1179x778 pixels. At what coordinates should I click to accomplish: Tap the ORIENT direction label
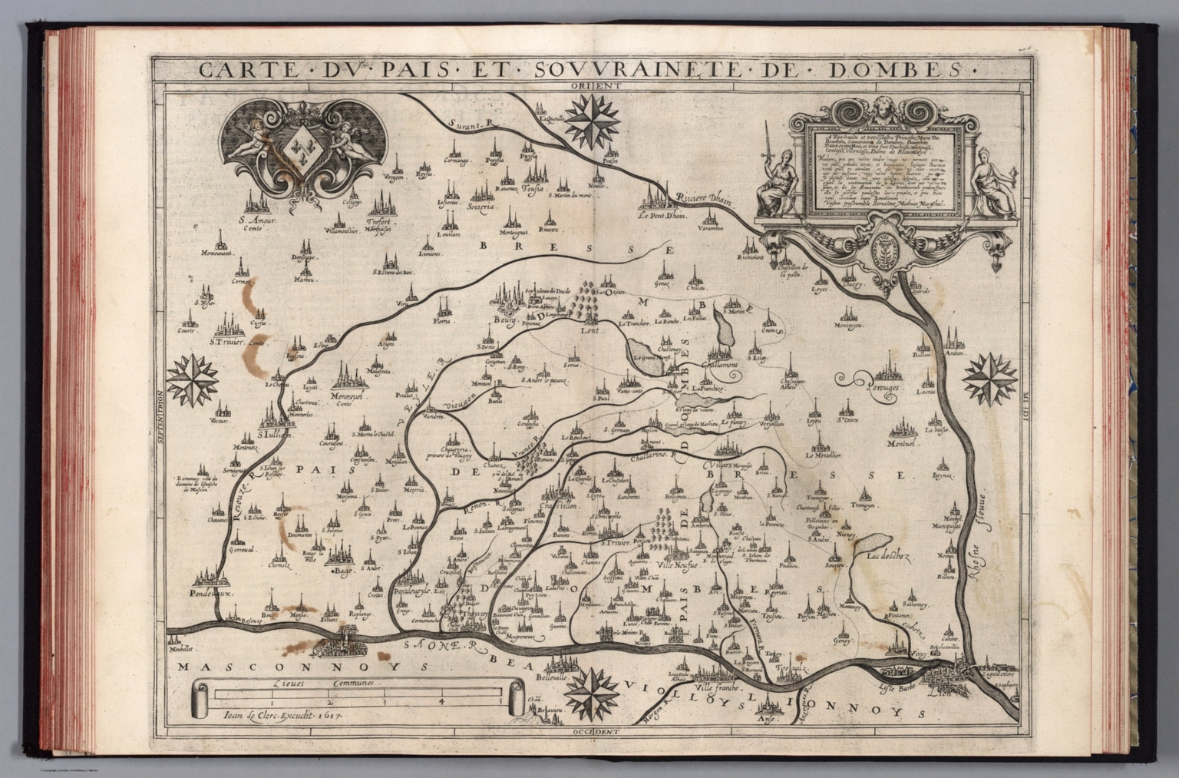594,85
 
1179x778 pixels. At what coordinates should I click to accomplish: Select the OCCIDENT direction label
595,733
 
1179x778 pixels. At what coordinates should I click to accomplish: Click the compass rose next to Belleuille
593,689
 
